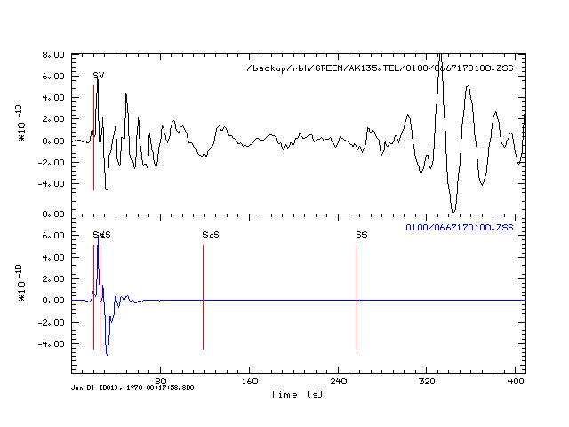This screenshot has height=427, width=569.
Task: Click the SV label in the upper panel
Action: pyautogui.click(x=99, y=76)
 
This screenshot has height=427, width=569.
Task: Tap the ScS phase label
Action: pyautogui.click(x=211, y=235)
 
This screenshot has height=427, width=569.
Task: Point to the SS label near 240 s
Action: pyautogui.click(x=362, y=235)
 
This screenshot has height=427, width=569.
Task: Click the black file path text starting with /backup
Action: pyautogui.click(x=385, y=68)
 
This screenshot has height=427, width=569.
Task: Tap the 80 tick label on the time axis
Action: pyautogui.click(x=161, y=382)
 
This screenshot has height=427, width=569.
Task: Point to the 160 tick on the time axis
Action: pyautogui.click(x=250, y=382)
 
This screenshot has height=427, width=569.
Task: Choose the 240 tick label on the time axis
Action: pyautogui.click(x=339, y=382)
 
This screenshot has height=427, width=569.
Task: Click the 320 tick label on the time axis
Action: pyautogui.click(x=428, y=382)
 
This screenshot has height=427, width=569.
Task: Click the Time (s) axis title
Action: pyautogui.click(x=297, y=393)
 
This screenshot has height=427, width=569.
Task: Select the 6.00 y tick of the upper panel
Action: pyautogui.click(x=54, y=77)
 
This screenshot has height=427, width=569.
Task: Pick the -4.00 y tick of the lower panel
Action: pyautogui.click(x=52, y=343)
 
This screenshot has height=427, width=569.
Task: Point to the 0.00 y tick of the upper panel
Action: pyautogui.click(x=54, y=141)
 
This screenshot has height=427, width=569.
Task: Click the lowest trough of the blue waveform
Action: pyautogui.click(x=108, y=355)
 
